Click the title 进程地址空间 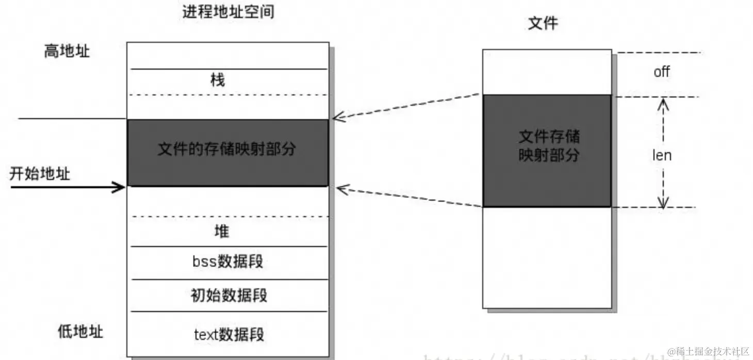227,12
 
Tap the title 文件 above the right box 543,23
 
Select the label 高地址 67,51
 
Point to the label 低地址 80,331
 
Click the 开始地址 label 40,173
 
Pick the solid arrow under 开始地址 67,187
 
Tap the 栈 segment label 218,80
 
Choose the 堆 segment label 221,232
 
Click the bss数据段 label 227,261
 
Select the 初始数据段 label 229,296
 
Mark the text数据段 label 229,334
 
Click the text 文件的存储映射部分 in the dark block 227,149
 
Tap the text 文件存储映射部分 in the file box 549,146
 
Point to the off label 662,72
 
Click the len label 662,155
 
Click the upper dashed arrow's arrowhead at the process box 338,117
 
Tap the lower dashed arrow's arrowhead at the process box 341,189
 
